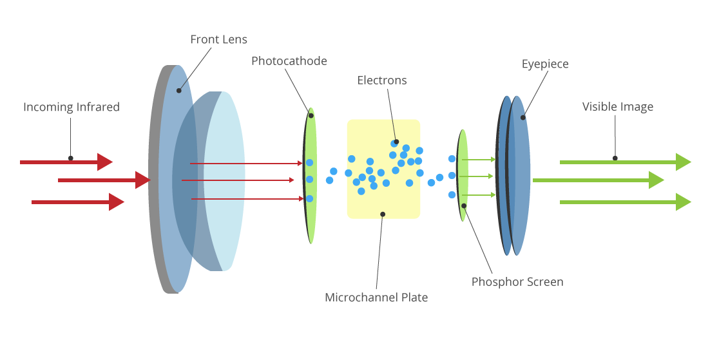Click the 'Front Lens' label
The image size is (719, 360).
pyautogui.click(x=218, y=40)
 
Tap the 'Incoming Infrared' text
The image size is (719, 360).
pyautogui.click(x=72, y=107)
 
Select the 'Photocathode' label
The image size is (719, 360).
pyautogui.click(x=289, y=61)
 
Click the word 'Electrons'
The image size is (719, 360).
pyautogui.click(x=382, y=81)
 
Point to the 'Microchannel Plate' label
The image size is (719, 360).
pyautogui.click(x=376, y=298)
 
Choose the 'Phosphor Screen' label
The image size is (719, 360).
pyautogui.click(x=517, y=282)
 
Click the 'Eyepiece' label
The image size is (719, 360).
pyautogui.click(x=545, y=64)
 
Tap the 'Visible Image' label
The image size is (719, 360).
pyautogui.click(x=618, y=107)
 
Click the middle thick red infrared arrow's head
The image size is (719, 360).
pyautogui.click(x=143, y=180)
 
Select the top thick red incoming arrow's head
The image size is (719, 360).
pyautogui.click(x=105, y=162)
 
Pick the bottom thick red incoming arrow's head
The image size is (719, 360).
pyautogui.click(x=117, y=202)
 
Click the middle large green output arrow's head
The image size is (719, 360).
pyautogui.click(x=657, y=180)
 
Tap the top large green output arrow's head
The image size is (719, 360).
pyautogui.click(x=684, y=162)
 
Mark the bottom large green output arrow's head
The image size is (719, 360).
pyautogui.click(x=684, y=202)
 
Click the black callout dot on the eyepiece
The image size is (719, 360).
pyautogui.click(x=523, y=117)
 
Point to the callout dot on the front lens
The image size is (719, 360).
pyautogui.click(x=179, y=90)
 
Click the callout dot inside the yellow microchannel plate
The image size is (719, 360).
pyautogui.click(x=383, y=214)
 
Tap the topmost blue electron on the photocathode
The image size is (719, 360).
pyautogui.click(x=310, y=162)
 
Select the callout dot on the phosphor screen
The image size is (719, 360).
pyautogui.click(x=464, y=206)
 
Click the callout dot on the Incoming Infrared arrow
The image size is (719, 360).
pyautogui.click(x=71, y=158)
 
